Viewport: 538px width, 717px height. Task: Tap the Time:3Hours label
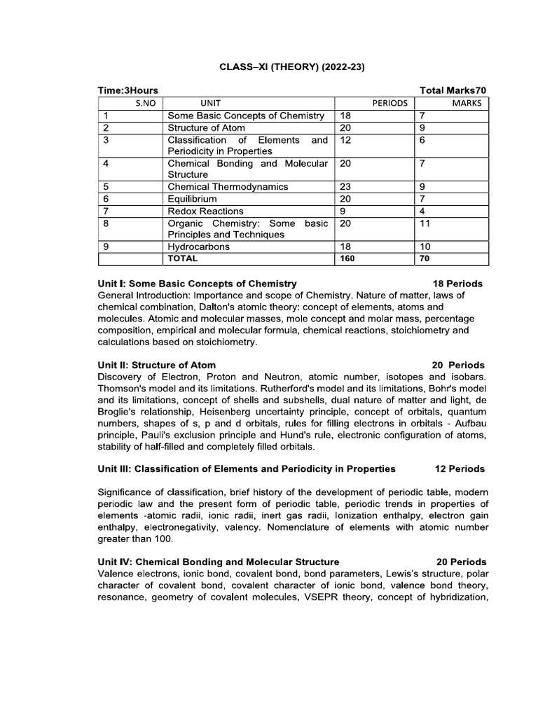(127, 90)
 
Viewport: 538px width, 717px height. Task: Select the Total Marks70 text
(453, 90)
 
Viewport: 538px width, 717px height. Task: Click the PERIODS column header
(389, 103)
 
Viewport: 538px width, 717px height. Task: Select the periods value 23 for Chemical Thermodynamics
(345, 187)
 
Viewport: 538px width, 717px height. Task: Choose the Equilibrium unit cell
(193, 199)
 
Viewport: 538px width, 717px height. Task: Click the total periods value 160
(347, 258)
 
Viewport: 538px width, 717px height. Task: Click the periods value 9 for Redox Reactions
(343, 211)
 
